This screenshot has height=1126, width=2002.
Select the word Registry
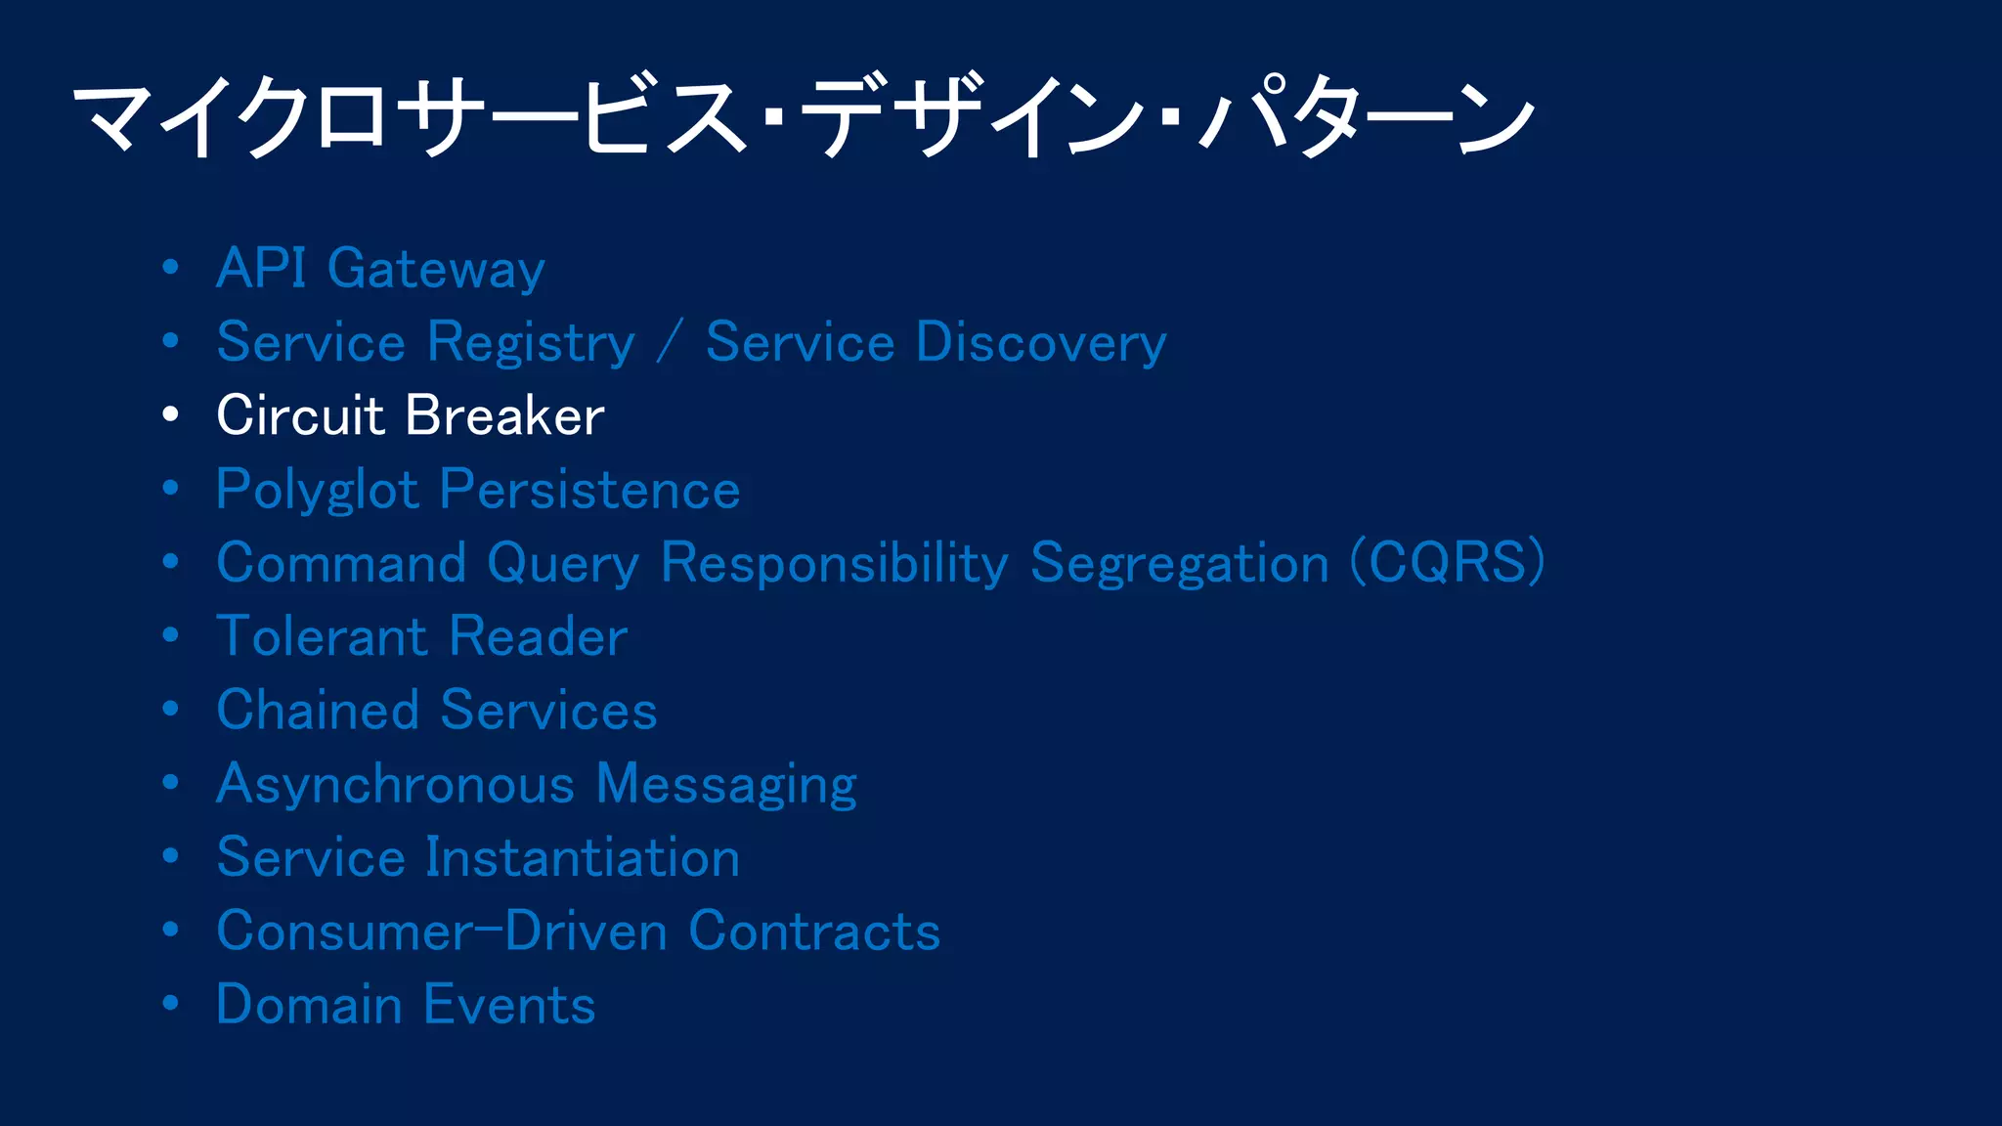coord(531,343)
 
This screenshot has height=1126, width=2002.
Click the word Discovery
coord(1041,343)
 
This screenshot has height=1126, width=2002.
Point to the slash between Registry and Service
coord(670,343)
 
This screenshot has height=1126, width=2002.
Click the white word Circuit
coord(300,415)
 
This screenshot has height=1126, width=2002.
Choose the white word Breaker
coord(504,415)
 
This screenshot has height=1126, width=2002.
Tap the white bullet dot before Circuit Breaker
coord(171,414)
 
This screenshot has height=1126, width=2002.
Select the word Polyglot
coord(318,491)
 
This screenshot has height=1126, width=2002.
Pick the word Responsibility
coord(834,564)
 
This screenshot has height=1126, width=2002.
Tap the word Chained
coord(317,710)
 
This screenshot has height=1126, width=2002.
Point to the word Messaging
coord(726,785)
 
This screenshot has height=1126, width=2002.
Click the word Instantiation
coord(582,857)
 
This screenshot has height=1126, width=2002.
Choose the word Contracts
coord(814,931)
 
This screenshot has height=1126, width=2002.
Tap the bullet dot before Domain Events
coord(171,1003)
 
